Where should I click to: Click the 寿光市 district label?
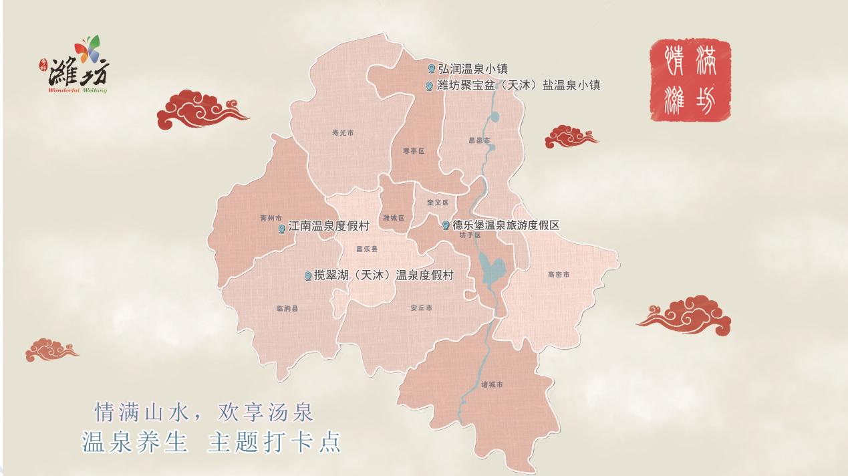click(x=343, y=133)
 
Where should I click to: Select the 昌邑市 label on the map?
click(x=479, y=140)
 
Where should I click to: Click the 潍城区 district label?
click(x=394, y=217)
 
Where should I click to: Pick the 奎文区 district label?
click(x=438, y=202)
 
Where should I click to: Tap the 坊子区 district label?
click(x=470, y=235)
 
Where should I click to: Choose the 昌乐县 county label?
click(x=367, y=249)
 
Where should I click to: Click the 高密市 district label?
click(x=558, y=274)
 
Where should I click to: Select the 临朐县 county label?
click(x=287, y=308)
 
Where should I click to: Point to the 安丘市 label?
click(x=421, y=308)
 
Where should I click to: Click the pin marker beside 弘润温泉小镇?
click(x=431, y=69)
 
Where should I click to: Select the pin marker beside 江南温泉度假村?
click(x=281, y=229)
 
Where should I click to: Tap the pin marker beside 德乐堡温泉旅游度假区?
click(x=446, y=225)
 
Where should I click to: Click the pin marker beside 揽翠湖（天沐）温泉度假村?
click(x=307, y=275)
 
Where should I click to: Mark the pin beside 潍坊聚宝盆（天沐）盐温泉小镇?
click(x=429, y=86)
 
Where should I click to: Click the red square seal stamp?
click(x=690, y=80)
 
